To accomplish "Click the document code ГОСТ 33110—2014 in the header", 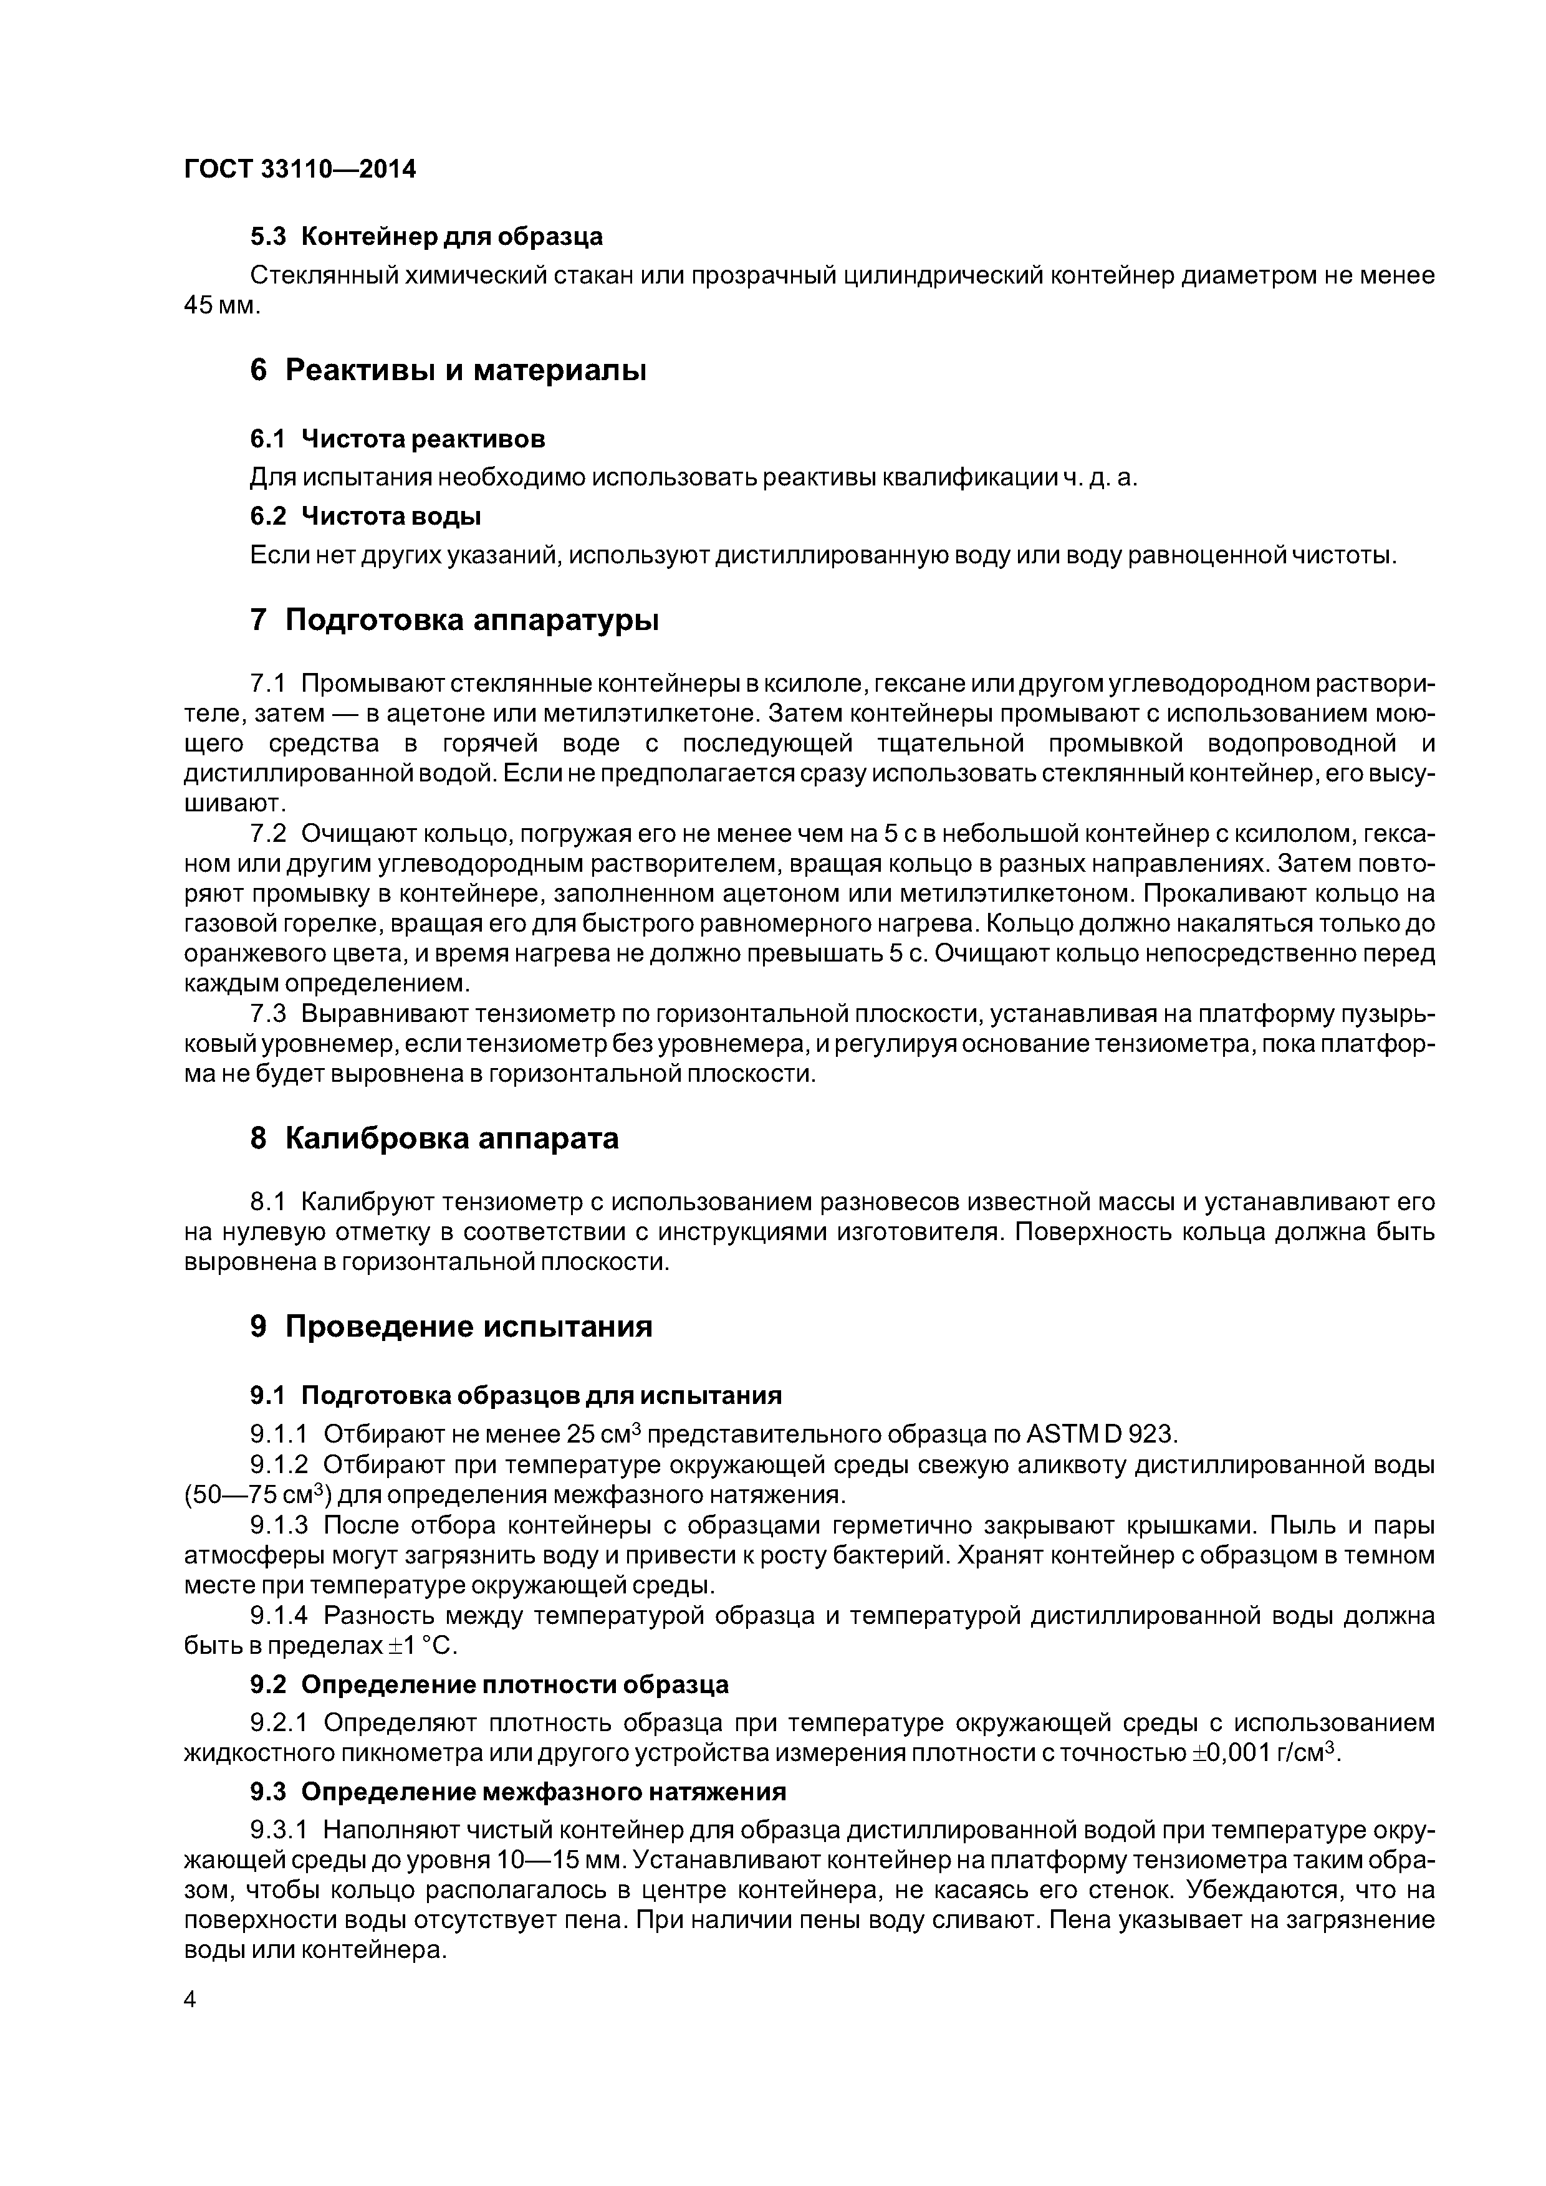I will point(299,170).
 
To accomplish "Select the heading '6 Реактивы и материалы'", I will point(448,370).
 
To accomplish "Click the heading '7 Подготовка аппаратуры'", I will point(454,620).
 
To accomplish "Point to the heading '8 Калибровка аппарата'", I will point(435,1138).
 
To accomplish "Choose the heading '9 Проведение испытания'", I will point(451,1326).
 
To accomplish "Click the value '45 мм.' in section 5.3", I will point(221,307).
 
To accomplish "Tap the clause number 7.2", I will point(267,834).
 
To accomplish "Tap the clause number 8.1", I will point(267,1203).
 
